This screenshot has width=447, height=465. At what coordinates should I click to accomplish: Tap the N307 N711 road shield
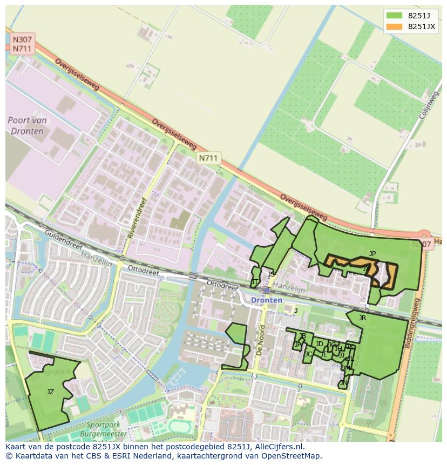click(22, 44)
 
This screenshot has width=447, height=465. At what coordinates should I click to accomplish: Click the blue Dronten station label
click(266, 300)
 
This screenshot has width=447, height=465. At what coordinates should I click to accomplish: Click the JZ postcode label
click(50, 392)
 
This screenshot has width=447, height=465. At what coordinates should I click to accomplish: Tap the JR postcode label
click(362, 318)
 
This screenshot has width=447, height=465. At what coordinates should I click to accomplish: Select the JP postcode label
click(372, 253)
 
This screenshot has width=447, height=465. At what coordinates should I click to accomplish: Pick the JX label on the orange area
click(366, 267)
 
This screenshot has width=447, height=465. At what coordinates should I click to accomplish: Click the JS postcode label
click(271, 274)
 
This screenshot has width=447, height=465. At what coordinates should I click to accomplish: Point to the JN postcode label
click(343, 383)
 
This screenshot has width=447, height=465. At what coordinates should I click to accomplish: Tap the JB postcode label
click(302, 336)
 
